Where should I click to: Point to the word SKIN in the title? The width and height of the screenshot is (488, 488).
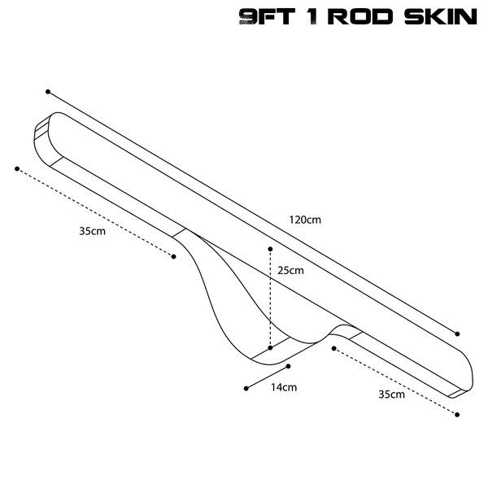(x=440, y=18)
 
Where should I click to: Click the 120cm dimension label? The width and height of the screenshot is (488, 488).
(x=304, y=219)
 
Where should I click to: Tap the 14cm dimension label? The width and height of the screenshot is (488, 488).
(x=284, y=387)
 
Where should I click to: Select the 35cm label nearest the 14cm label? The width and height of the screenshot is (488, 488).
(x=391, y=394)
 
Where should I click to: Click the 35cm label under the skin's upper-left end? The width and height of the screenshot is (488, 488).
(x=92, y=231)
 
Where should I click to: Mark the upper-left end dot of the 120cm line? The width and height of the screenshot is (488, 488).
(x=48, y=92)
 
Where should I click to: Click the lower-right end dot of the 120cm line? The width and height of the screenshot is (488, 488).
(x=458, y=333)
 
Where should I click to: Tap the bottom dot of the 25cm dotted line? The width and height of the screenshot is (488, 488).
(x=270, y=347)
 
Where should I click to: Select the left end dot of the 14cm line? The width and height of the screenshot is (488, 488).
(x=246, y=388)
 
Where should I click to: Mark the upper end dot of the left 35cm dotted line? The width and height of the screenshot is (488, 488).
(x=16, y=168)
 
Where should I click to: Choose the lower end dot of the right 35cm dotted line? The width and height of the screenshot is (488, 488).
(x=458, y=415)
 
